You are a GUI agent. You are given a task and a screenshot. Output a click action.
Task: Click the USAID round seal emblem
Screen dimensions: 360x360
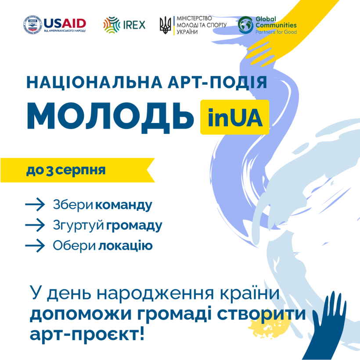coord(33,25)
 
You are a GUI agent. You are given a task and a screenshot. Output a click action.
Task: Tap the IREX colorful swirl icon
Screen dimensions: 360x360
coord(112,25)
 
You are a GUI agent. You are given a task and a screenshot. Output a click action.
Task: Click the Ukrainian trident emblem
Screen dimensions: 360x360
coord(166,25)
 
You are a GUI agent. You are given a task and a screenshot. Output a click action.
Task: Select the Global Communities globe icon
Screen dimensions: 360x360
coord(245,25)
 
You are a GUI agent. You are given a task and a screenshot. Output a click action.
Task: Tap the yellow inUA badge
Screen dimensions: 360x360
coord(234,117)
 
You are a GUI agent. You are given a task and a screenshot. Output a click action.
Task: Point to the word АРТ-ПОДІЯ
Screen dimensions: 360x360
coord(217,82)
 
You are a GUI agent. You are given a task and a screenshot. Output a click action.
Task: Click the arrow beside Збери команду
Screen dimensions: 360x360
coord(35,204)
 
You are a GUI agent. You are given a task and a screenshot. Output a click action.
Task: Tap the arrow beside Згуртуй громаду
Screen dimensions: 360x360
coord(35,225)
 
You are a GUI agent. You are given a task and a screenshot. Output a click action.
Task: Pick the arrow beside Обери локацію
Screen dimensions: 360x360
coord(35,245)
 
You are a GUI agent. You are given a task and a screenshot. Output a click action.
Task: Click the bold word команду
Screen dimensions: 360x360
coord(124,205)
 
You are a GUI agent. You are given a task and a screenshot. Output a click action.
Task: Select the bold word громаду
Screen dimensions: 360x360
coord(134,226)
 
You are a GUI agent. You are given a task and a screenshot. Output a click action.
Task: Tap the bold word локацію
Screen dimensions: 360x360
coord(126,246)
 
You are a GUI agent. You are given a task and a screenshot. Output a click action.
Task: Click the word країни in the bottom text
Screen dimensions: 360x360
coord(250,293)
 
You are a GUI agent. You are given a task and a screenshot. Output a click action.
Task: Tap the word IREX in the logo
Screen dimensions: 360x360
coord(134,25)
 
